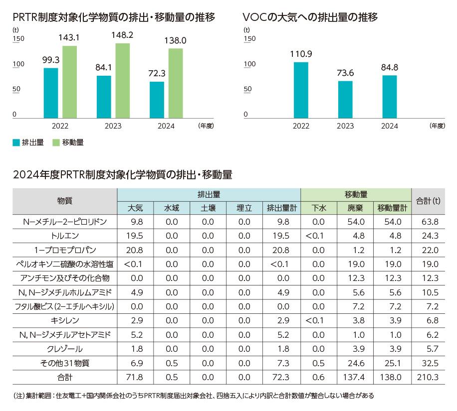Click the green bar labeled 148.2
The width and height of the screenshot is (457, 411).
123,81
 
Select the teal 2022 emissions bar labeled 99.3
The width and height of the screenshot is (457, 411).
51,93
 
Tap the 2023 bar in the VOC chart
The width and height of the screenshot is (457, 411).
345,99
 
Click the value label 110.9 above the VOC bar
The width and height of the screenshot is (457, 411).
300,53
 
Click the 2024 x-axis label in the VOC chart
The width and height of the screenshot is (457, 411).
389,126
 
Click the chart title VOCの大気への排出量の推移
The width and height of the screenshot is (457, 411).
309,17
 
